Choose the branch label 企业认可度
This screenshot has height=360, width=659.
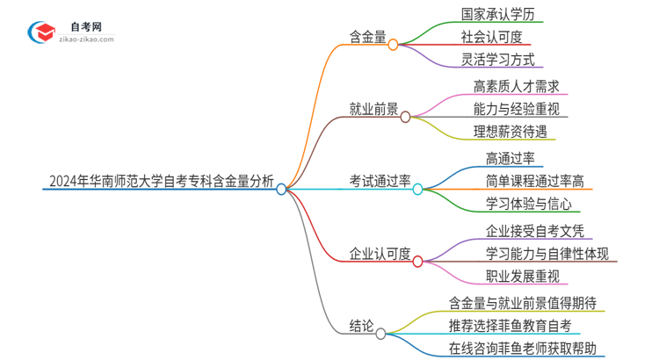(379, 255)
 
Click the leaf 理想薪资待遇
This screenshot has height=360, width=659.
(510, 133)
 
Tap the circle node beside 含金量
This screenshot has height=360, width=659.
(393, 44)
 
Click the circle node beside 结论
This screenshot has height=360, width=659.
(380, 334)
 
